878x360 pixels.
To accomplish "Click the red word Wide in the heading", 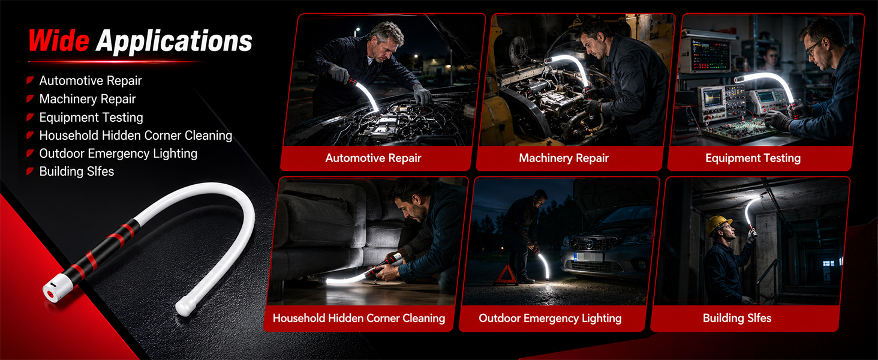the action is coord(59,40).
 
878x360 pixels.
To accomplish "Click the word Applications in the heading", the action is coord(174,41).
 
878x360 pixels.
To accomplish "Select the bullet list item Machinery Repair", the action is coord(88,99).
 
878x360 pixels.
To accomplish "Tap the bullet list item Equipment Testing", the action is coord(91,117).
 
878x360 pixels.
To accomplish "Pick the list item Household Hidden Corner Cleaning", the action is coord(136,135).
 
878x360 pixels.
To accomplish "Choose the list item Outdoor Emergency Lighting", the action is coord(118,154).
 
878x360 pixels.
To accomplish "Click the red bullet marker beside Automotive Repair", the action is coord(30,80).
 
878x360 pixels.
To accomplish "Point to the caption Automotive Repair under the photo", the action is coord(373,158).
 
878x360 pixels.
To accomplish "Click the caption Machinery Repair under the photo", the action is coord(564,158).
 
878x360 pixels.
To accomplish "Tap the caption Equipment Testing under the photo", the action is coord(753,158).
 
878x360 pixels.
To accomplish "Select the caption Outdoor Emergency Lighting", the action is coord(550,318).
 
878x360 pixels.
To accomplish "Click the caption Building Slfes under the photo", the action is coord(737,318).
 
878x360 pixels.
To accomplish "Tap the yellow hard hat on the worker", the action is coord(717,225).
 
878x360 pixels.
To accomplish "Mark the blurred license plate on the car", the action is coord(588,257).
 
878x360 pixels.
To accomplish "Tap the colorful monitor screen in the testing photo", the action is coord(710,55).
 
